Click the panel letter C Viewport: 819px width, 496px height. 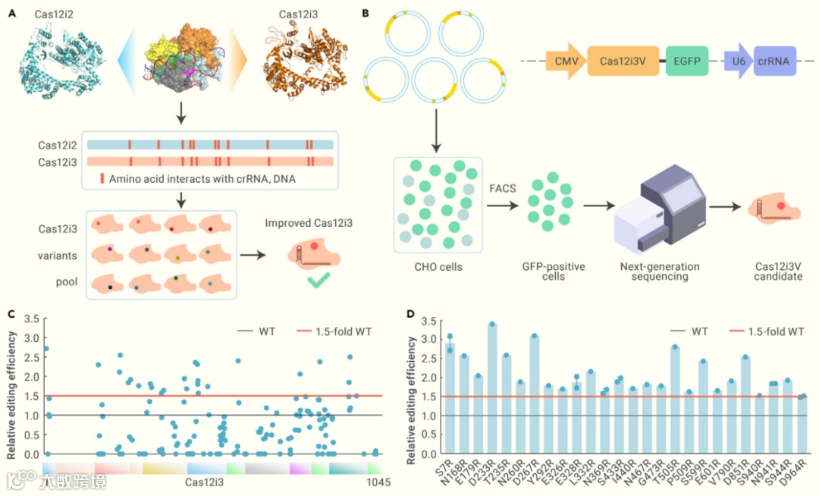click(11, 313)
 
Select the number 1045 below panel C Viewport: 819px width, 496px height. click(376, 482)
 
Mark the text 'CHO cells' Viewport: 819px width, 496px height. click(438, 267)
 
